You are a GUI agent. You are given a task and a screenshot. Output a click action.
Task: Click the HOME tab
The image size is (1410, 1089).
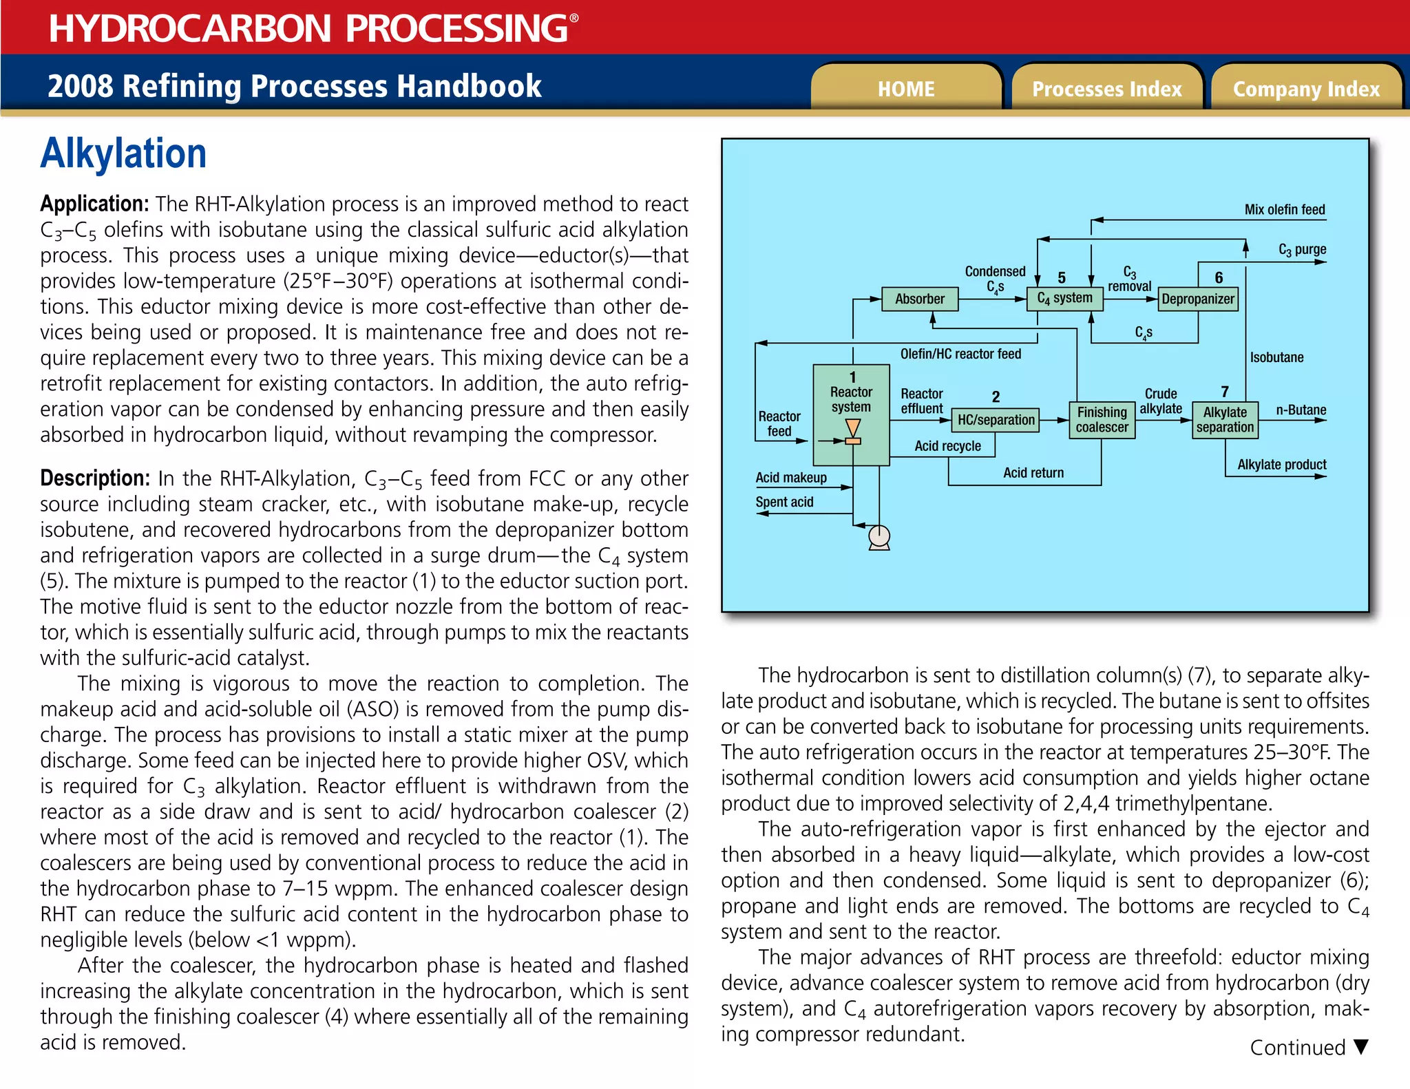[x=905, y=89]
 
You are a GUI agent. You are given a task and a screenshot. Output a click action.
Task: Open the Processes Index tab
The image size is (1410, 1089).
[x=1106, y=89]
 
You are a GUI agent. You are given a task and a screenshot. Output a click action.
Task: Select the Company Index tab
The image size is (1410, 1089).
[x=1306, y=89]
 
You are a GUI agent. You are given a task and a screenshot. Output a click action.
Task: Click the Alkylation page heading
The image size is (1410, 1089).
[x=123, y=154]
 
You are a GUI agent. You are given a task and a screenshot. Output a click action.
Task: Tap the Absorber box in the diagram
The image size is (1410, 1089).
[x=920, y=299]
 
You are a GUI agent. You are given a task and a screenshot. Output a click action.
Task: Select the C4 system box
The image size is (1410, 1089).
[x=1064, y=299]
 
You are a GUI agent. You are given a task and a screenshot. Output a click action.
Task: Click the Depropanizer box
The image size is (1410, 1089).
[x=1197, y=299]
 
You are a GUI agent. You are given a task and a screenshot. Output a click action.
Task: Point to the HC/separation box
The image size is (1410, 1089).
[x=996, y=420]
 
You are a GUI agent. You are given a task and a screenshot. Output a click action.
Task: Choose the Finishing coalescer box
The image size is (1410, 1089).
[x=1102, y=420]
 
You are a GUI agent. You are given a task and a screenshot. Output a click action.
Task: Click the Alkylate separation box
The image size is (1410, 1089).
[x=1225, y=420]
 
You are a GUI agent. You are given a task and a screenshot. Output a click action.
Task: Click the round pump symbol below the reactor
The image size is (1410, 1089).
[x=879, y=536]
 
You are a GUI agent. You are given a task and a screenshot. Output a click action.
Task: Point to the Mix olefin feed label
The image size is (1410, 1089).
[x=1284, y=209]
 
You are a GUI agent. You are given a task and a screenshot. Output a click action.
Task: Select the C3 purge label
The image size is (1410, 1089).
[x=1302, y=249]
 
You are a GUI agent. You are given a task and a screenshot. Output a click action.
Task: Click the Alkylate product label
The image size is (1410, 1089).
[x=1281, y=465]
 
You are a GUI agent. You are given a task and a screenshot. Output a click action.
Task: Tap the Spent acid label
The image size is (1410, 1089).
[x=784, y=502]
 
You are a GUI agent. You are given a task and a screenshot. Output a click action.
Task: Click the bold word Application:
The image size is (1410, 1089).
[x=94, y=204]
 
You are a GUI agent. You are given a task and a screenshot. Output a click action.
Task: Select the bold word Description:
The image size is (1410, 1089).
[x=95, y=478]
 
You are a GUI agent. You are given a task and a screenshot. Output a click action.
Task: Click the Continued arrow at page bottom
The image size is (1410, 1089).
[x=1360, y=1047]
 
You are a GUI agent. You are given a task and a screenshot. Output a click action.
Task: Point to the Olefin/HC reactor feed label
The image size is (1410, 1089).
[x=960, y=354]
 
